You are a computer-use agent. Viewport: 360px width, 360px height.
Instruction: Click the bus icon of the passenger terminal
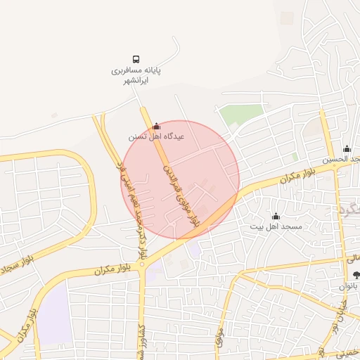[x=136, y=59]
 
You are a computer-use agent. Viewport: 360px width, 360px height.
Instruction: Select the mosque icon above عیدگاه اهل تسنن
[x=156, y=126]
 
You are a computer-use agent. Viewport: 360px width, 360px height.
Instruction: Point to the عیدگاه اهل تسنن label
[x=156, y=136]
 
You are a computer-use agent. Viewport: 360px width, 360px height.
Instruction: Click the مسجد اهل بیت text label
[x=276, y=227]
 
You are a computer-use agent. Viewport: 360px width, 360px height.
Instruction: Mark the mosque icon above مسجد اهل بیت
[x=276, y=216]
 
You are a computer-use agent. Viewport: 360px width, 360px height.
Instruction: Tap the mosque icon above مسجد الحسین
[x=347, y=148]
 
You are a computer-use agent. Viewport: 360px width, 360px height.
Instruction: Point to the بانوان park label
[x=351, y=286]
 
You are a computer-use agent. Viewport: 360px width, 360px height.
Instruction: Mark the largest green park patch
[x=236, y=114]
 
